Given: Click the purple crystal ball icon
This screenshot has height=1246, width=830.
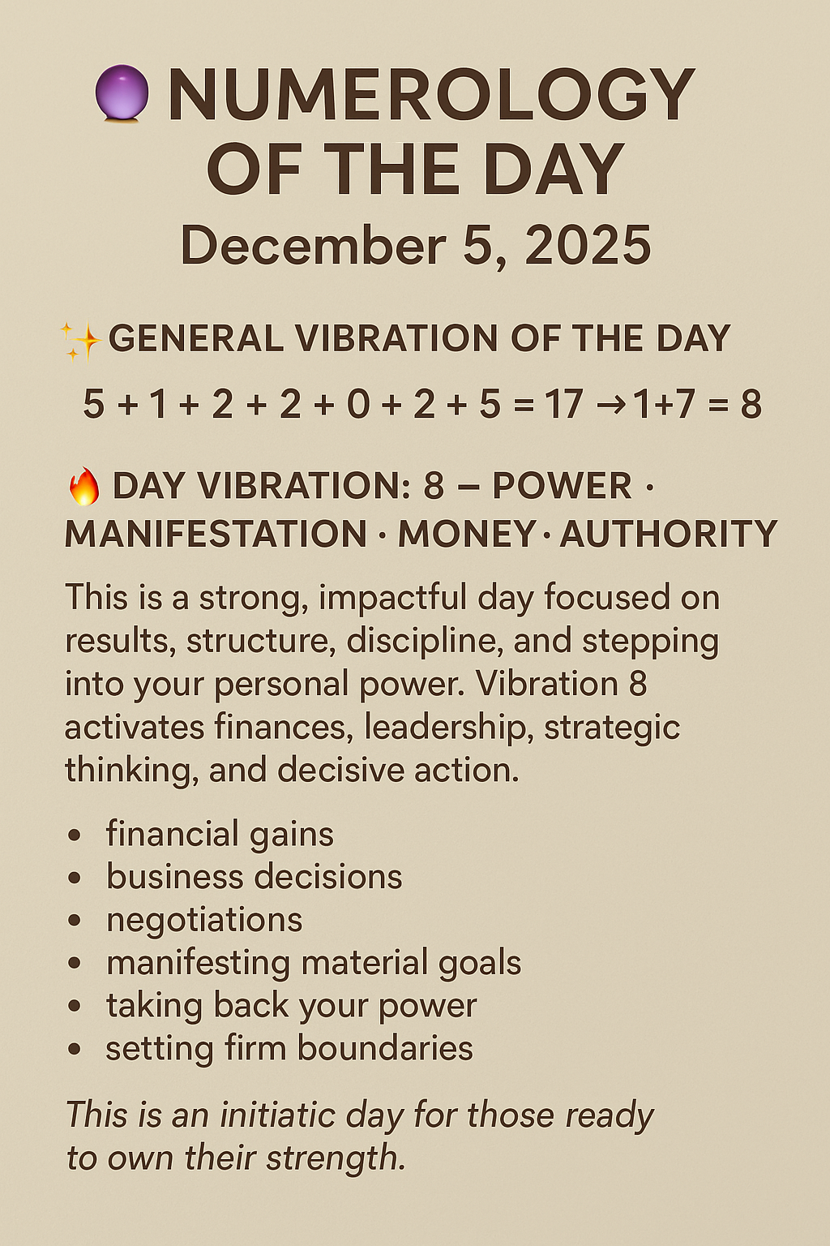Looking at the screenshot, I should tap(122, 93).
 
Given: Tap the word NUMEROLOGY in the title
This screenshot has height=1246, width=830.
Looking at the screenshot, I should tap(430, 95).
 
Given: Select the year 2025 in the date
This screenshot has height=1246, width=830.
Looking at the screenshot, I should tap(588, 245).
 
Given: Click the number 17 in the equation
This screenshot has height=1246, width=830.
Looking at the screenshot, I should tap(563, 404).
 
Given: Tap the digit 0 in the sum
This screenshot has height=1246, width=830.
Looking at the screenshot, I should tap(358, 404).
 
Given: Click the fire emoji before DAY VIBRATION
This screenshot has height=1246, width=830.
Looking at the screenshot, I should tap(83, 487).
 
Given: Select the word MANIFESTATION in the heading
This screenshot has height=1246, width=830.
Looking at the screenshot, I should tap(216, 535).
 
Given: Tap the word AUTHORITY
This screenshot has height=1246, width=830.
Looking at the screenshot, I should tap(668, 535).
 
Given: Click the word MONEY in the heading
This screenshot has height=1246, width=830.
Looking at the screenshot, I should tap(467, 535).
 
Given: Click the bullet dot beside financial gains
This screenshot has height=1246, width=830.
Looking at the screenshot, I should tap(75, 835).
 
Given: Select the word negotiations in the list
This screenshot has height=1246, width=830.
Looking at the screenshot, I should tap(204, 920).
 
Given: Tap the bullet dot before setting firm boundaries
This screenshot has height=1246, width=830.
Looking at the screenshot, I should tap(75, 1049).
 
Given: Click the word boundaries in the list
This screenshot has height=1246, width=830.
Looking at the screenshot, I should tap(385, 1048).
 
